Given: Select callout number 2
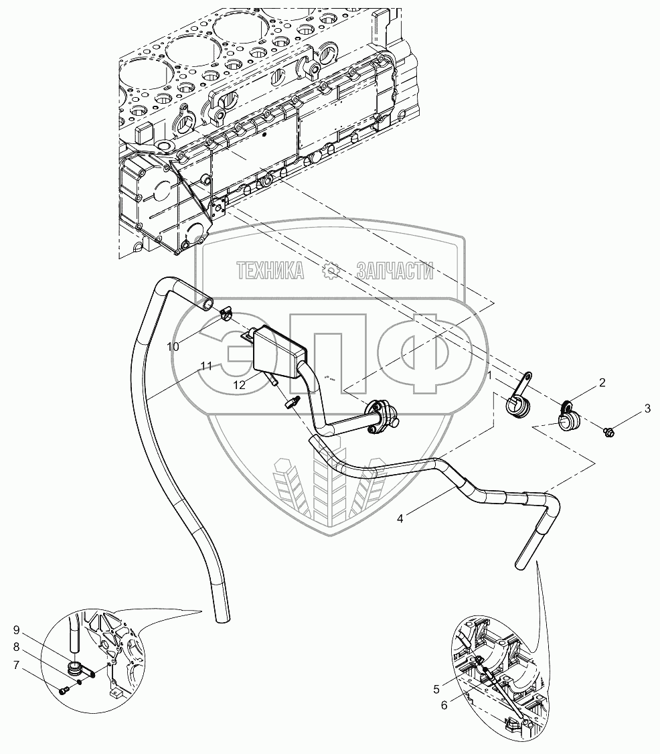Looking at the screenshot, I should click(x=602, y=383).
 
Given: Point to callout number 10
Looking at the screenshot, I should click(x=174, y=346).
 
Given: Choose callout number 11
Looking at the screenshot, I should click(x=206, y=366).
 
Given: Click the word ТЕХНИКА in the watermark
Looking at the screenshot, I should click(x=270, y=271).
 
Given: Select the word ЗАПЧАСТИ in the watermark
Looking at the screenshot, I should click(x=395, y=271).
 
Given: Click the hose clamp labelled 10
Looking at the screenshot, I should click(x=224, y=312).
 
